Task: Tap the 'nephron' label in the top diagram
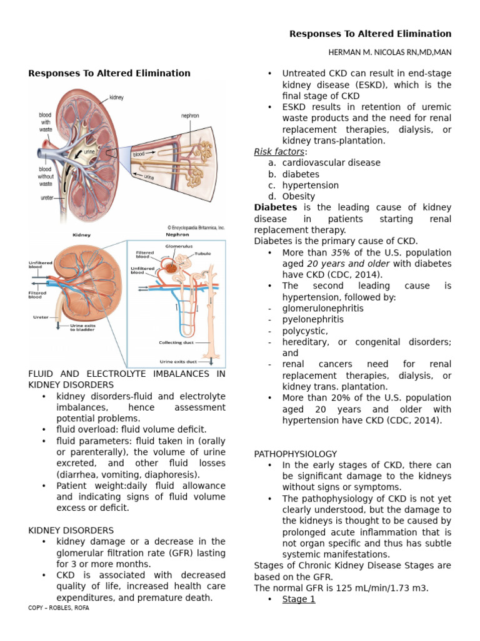[x=190, y=116]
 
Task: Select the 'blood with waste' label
[x=45, y=122]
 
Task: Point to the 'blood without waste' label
[x=45, y=176]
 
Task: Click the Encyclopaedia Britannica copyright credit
[x=196, y=228]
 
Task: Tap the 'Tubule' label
[x=202, y=254]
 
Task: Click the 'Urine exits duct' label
[x=179, y=361]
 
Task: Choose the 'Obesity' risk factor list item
[x=299, y=197]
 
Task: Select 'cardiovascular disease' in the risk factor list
[x=331, y=163]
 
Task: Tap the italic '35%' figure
[x=341, y=253]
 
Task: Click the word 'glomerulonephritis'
[x=323, y=308]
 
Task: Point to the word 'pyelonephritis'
[x=313, y=319]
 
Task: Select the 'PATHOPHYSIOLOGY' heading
[x=296, y=454]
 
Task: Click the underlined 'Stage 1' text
[x=299, y=599]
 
